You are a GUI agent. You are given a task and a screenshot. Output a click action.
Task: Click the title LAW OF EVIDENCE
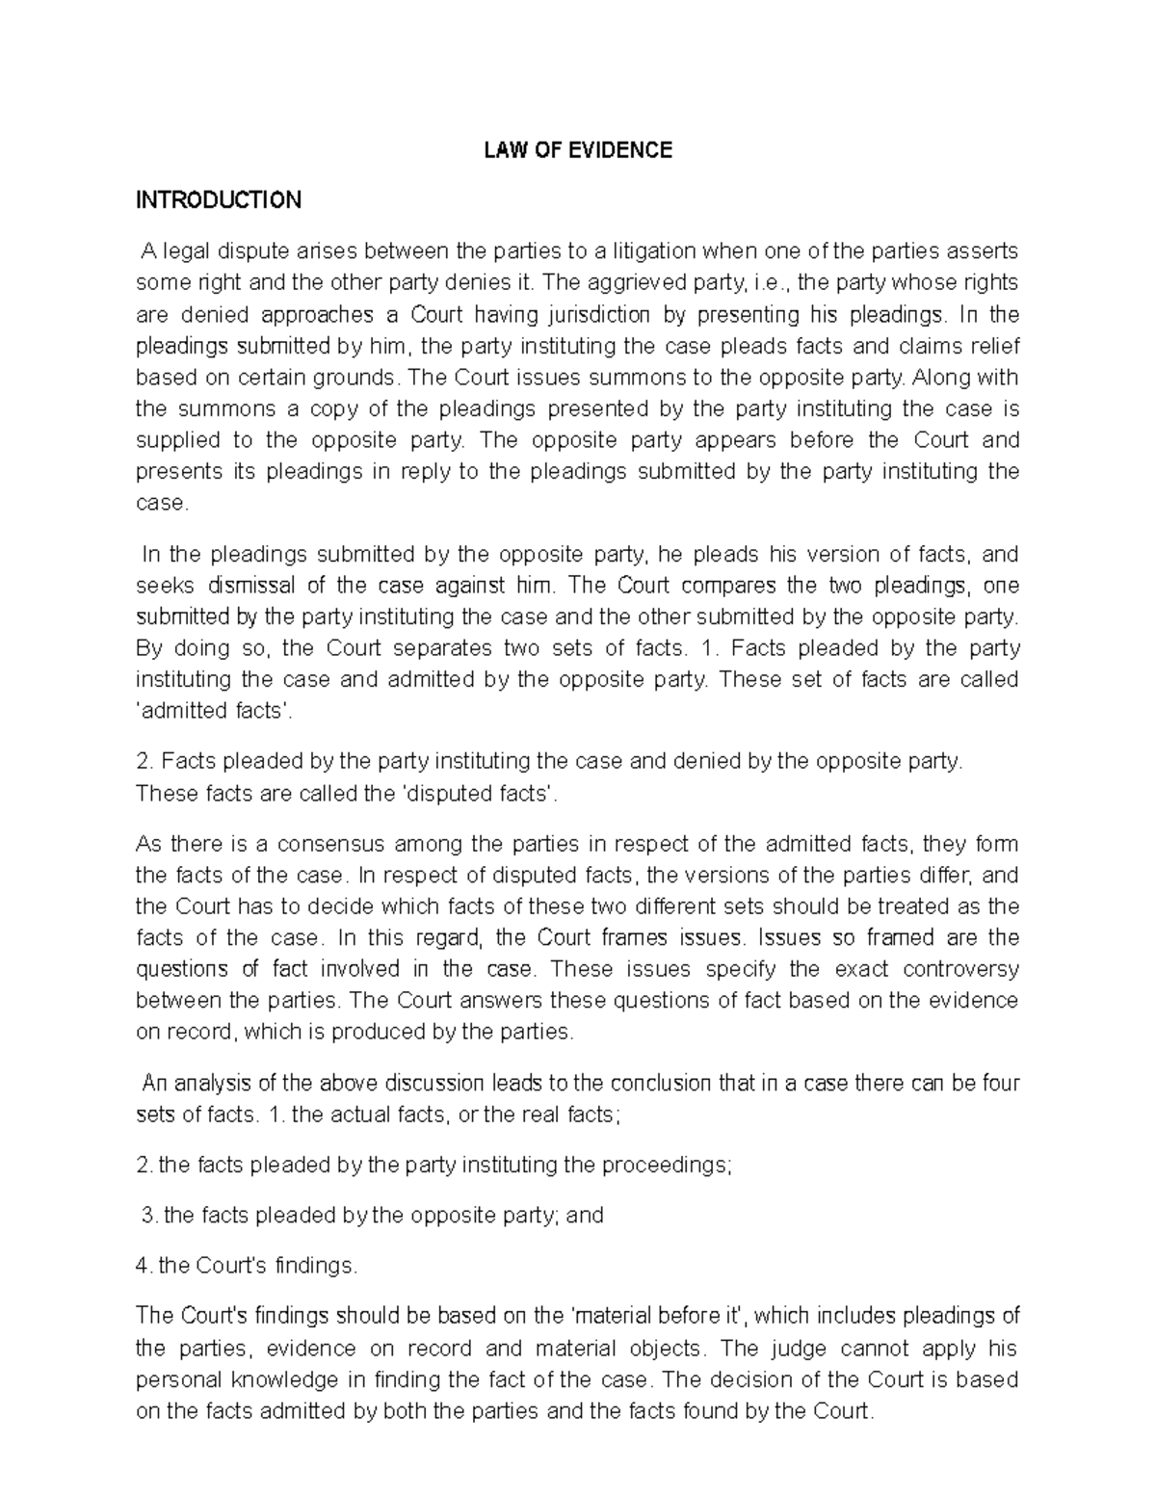click(x=577, y=150)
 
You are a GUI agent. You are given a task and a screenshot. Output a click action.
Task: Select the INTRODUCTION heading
click(x=219, y=200)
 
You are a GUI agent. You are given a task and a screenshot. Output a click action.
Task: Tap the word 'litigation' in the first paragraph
click(x=650, y=251)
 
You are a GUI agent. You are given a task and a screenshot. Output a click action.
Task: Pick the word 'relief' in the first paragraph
click(x=992, y=346)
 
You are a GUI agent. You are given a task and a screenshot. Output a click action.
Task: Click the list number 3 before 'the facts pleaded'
click(x=147, y=1216)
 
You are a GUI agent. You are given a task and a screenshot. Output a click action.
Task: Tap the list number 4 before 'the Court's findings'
click(x=144, y=1266)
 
